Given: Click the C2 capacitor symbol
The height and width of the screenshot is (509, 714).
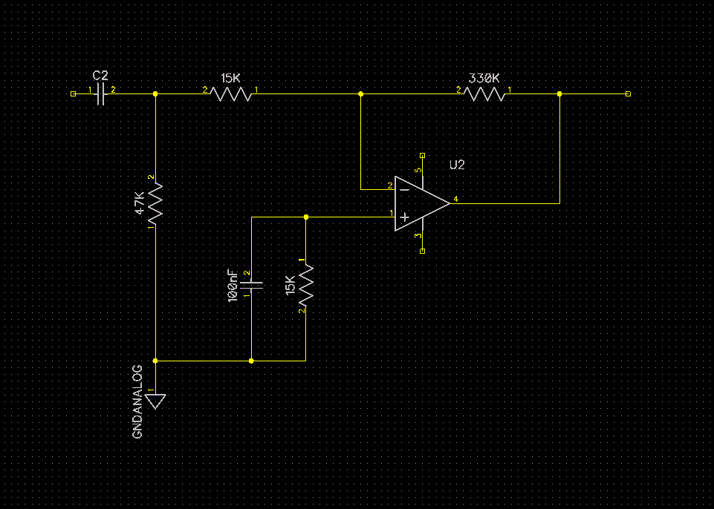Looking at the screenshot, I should tap(100, 94).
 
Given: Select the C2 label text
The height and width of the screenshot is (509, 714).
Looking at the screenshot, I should tap(100, 76).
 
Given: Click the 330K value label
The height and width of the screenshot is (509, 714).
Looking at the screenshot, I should tap(484, 77).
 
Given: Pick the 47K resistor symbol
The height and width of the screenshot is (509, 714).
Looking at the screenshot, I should tap(155, 204).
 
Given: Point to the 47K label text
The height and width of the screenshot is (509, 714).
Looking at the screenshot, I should tap(139, 203).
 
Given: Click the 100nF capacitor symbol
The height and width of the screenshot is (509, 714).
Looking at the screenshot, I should tap(252, 284).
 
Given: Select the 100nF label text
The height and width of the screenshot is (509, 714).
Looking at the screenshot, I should tap(233, 285).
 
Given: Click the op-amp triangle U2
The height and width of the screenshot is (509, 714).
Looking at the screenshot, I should tap(420, 203).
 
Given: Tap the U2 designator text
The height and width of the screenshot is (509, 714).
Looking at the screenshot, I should tap(457, 165).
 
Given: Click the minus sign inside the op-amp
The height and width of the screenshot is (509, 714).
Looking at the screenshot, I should tap(404, 189).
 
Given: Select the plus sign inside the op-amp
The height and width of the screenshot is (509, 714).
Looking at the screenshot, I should tap(404, 217).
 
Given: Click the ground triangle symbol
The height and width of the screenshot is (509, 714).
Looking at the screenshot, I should tap(155, 401).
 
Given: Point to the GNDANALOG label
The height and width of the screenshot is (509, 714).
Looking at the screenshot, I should tap(137, 401).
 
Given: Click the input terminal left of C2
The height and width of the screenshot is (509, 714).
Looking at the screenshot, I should tap(73, 94).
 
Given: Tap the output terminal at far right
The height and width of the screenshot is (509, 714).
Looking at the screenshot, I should tap(629, 94).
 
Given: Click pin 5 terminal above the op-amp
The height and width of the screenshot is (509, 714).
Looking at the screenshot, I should tap(423, 156).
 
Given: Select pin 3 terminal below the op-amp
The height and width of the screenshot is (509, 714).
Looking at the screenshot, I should tap(423, 252).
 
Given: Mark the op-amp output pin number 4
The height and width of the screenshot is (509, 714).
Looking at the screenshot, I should tap(455, 199).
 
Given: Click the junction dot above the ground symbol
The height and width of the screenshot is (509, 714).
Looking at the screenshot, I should tap(155, 361).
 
